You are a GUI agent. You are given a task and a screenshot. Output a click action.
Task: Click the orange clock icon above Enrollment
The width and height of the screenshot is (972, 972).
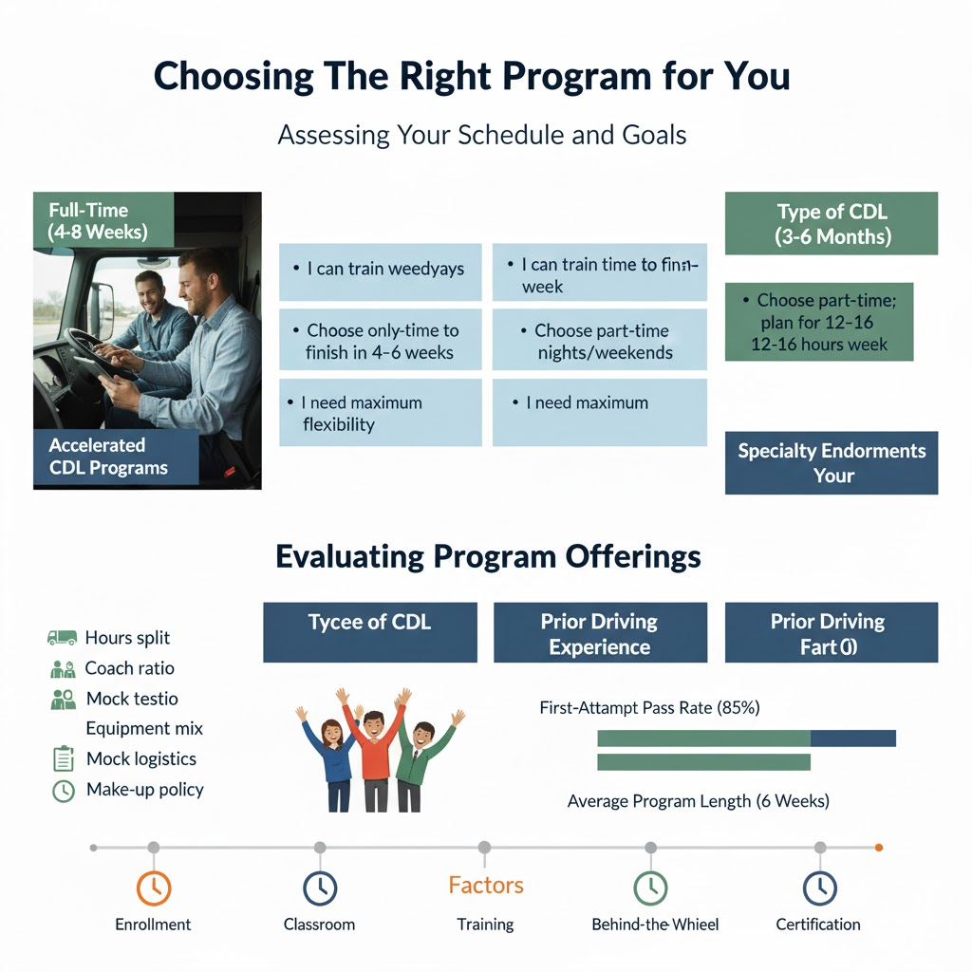[154, 888]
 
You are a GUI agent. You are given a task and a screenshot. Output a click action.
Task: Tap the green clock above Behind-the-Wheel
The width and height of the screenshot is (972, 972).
[650, 888]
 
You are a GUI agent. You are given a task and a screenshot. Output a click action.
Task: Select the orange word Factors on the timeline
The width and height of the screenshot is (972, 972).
[485, 886]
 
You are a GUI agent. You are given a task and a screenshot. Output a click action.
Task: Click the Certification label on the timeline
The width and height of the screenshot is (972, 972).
[817, 925]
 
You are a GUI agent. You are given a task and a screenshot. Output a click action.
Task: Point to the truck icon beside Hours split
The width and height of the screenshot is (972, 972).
[62, 638]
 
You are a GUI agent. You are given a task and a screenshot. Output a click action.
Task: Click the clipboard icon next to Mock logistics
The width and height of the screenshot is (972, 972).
[63, 759]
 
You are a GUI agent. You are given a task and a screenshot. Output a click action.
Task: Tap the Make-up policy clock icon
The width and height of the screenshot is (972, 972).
[63, 790]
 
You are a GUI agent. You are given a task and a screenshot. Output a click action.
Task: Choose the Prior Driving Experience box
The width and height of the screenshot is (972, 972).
[600, 634]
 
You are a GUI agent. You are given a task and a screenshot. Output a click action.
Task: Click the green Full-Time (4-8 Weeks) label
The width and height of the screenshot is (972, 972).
[103, 221]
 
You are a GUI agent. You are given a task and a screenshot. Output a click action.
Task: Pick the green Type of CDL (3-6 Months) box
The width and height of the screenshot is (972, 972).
[831, 224]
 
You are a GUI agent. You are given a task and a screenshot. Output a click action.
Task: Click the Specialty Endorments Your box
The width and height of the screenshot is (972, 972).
[831, 463]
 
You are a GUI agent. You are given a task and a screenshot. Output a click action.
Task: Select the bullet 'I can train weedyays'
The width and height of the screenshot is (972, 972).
[381, 269]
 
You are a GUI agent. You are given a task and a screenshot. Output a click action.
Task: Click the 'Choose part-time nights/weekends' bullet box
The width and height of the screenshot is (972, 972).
[599, 342]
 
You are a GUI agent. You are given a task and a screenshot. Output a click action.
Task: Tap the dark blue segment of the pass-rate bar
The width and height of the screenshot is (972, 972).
[852, 738]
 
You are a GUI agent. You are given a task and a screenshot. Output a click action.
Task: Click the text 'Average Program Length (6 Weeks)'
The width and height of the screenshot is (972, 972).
[698, 801]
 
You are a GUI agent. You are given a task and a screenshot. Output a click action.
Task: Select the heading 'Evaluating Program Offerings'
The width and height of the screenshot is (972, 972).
[488, 556]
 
